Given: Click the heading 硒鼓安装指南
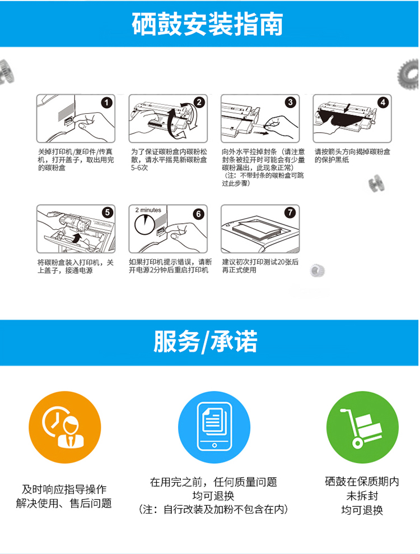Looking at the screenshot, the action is [208, 24].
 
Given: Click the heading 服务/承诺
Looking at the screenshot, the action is [206, 341].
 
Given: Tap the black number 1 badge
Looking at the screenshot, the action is [106, 103].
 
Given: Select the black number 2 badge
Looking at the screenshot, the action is [199, 103].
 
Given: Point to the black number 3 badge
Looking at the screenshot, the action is [291, 103].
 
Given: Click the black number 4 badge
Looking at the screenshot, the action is [383, 103].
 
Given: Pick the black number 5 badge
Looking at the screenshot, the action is [108, 213].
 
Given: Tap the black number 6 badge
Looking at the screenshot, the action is [198, 214].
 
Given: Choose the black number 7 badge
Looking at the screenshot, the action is [290, 213].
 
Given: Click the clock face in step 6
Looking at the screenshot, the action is [144, 224].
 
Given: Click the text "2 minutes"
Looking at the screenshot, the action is [148, 210].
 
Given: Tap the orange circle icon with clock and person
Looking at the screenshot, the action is [65, 427].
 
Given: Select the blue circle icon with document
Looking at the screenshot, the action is [214, 427].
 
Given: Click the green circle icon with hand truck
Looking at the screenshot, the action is [362, 427].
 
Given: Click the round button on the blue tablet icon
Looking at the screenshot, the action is [214, 445].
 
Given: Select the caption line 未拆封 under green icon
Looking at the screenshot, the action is [362, 496].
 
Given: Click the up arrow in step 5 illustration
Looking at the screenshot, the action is [77, 237].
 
